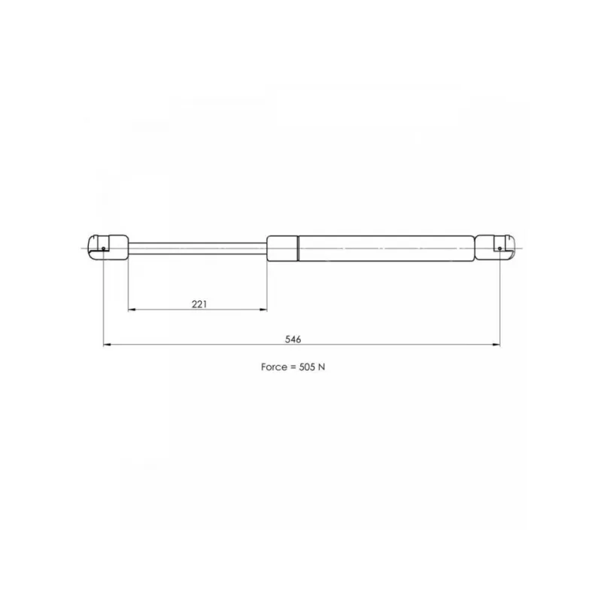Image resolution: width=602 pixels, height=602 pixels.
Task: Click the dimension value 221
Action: [199, 304]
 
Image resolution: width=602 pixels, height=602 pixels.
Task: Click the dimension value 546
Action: [293, 339]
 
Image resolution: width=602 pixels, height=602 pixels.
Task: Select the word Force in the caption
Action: [274, 367]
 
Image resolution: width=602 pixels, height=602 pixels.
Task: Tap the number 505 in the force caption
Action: [307, 367]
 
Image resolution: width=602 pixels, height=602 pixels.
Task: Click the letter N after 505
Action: [322, 367]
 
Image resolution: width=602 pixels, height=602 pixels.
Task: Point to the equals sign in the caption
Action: [293, 367]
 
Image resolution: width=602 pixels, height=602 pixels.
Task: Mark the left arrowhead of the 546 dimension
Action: [107, 345]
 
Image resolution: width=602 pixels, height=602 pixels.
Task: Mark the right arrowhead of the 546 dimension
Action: [496, 345]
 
